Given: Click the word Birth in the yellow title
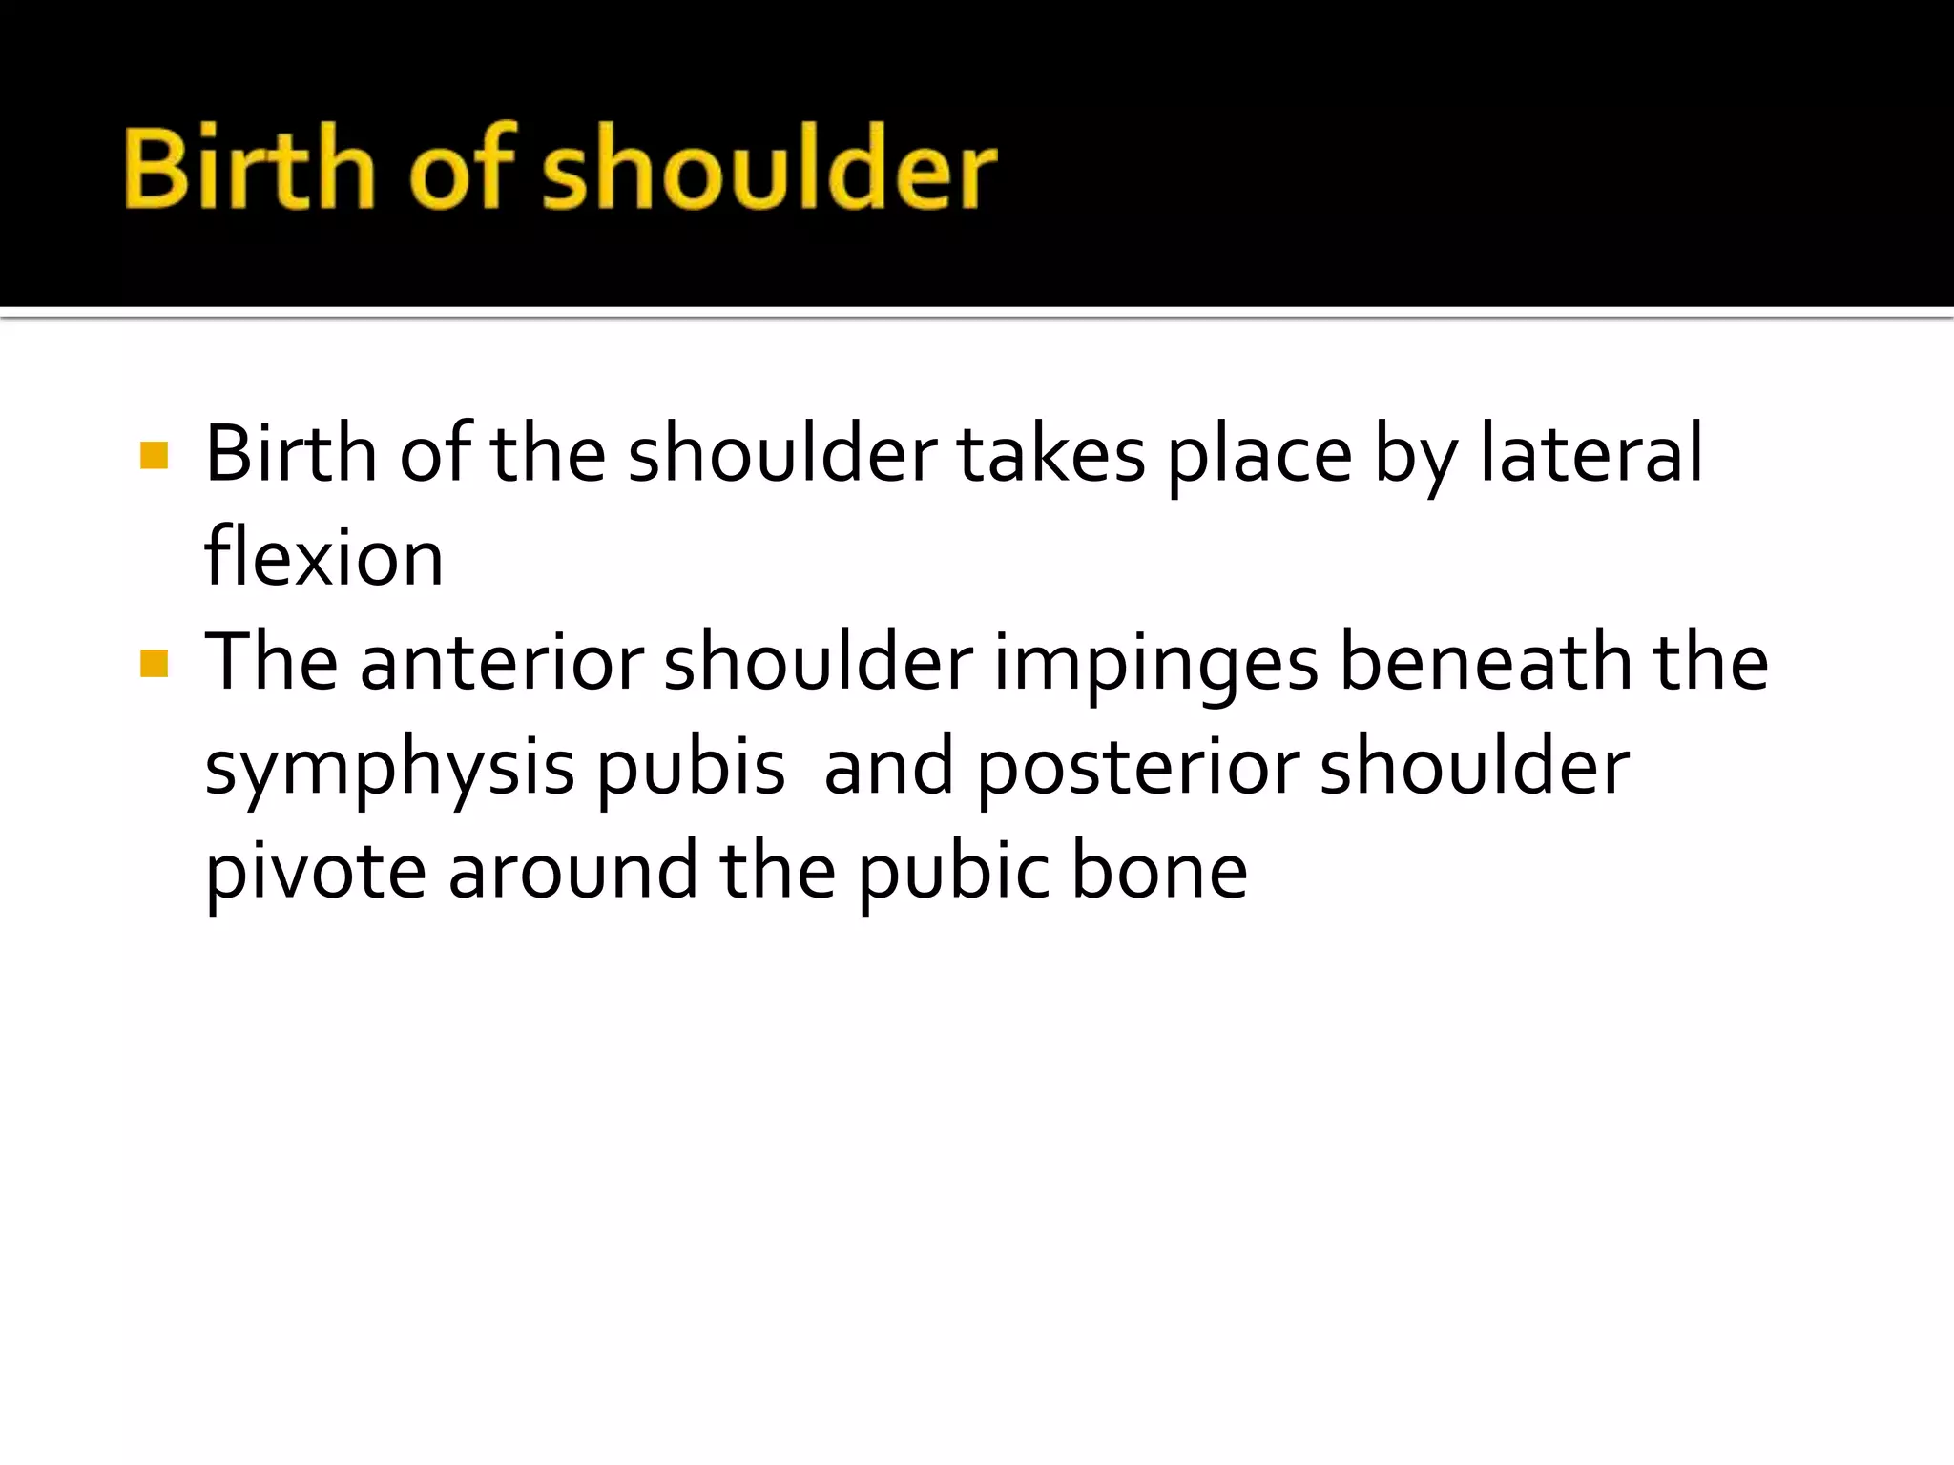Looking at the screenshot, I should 249,169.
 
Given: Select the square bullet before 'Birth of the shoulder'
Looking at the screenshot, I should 154,456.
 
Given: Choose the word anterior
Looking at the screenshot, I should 502,662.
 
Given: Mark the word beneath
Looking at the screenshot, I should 1486,662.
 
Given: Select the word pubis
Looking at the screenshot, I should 691,769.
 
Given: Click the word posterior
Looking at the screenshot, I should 1138,769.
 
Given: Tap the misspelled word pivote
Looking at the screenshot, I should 316,872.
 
